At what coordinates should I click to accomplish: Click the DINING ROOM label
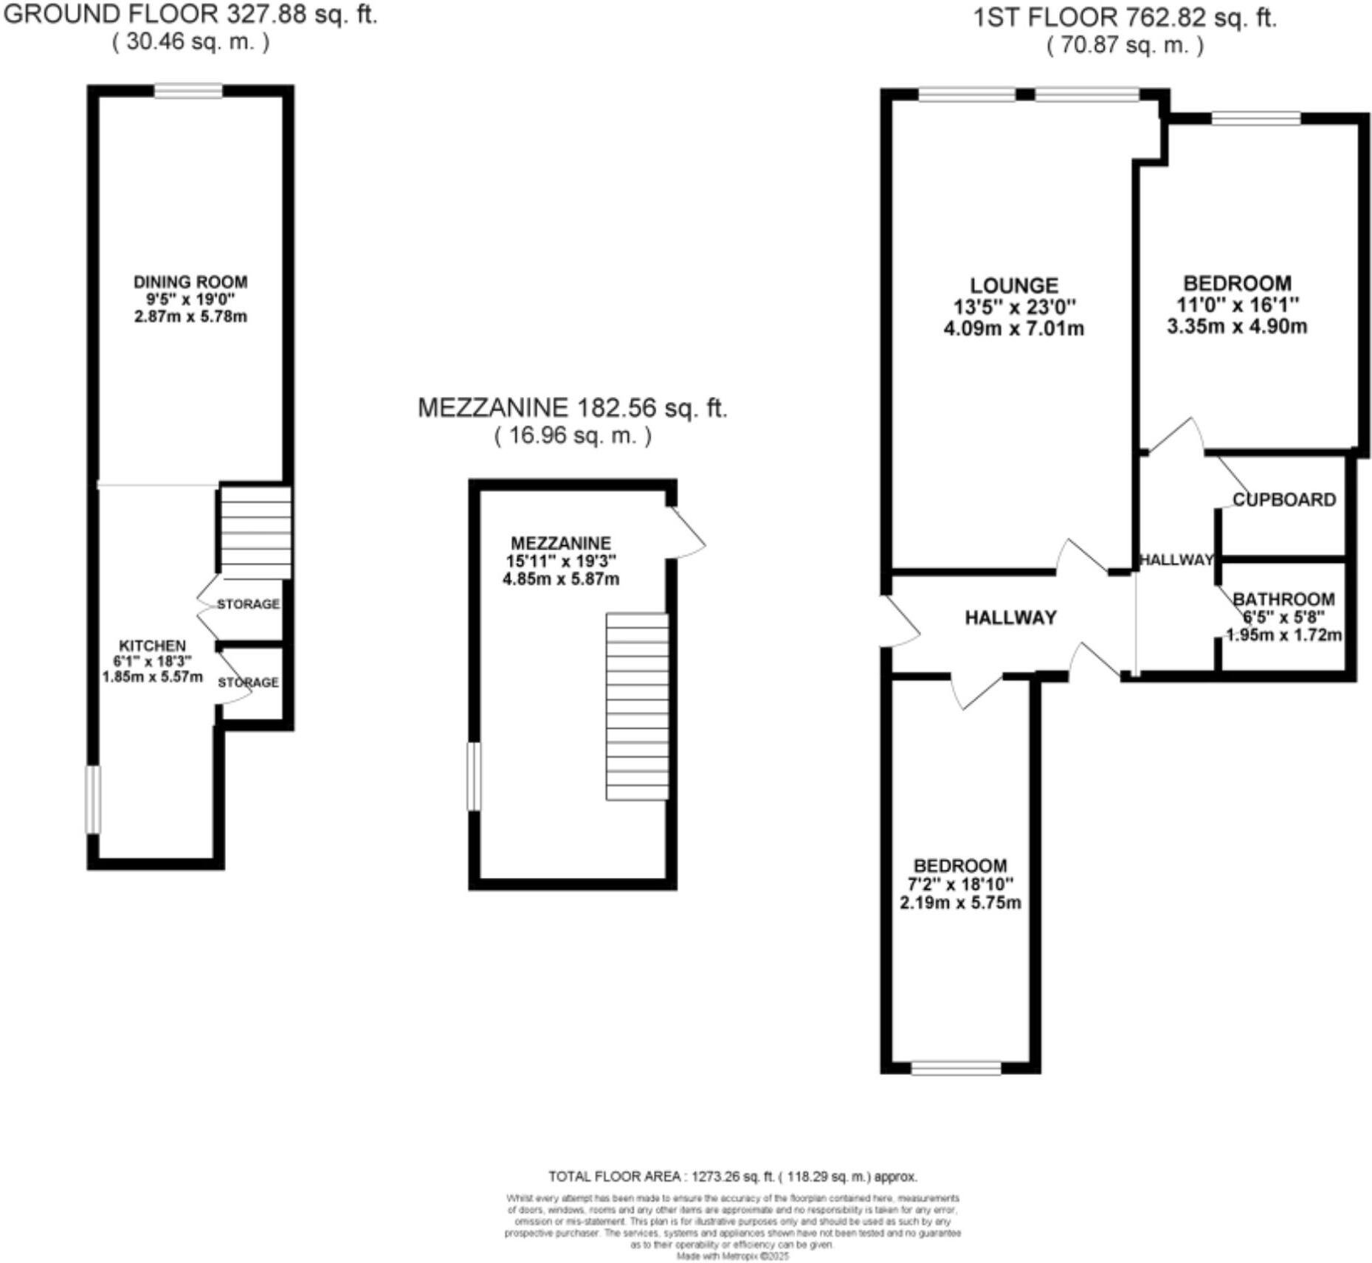coord(190,282)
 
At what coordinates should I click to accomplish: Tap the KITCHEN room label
coord(152,646)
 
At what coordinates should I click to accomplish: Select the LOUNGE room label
coord(1013,286)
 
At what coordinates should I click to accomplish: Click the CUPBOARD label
coord(1284,499)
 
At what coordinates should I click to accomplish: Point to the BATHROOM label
coord(1283,599)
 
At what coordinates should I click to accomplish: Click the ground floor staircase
coord(255,531)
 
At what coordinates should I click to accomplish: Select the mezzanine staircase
coord(637,706)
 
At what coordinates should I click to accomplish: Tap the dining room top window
coord(188,91)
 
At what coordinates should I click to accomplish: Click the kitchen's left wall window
coord(93,800)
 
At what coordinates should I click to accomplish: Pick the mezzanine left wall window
coord(475,776)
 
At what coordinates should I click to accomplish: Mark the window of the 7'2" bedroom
coord(956,1068)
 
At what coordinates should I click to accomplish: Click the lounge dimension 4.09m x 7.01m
coord(1013,328)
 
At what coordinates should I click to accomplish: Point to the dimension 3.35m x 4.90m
coord(1237,326)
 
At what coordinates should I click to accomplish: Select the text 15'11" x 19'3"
coord(561,561)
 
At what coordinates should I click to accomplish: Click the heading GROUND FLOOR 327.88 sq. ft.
coord(190,14)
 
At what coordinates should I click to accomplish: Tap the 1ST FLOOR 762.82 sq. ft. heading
coord(1124,17)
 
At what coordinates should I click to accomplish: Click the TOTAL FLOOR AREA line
coord(732,1176)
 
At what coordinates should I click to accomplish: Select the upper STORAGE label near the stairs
coord(248,603)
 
